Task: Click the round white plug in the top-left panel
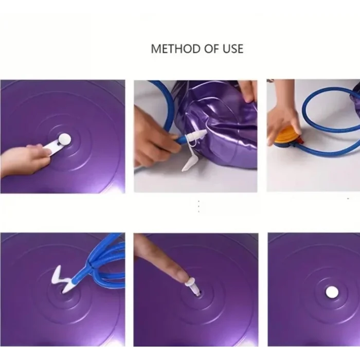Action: [x=64, y=138]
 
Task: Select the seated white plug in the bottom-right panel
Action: [x=332, y=292]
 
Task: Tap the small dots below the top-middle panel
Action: [x=199, y=206]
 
